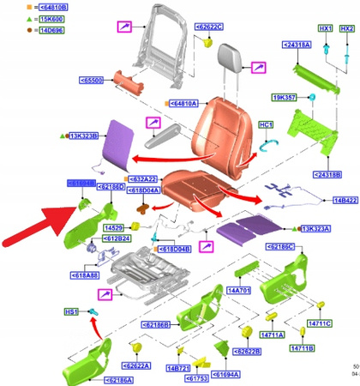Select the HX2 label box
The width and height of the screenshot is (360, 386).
click(346, 29)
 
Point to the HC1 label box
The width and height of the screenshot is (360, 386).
click(266, 125)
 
